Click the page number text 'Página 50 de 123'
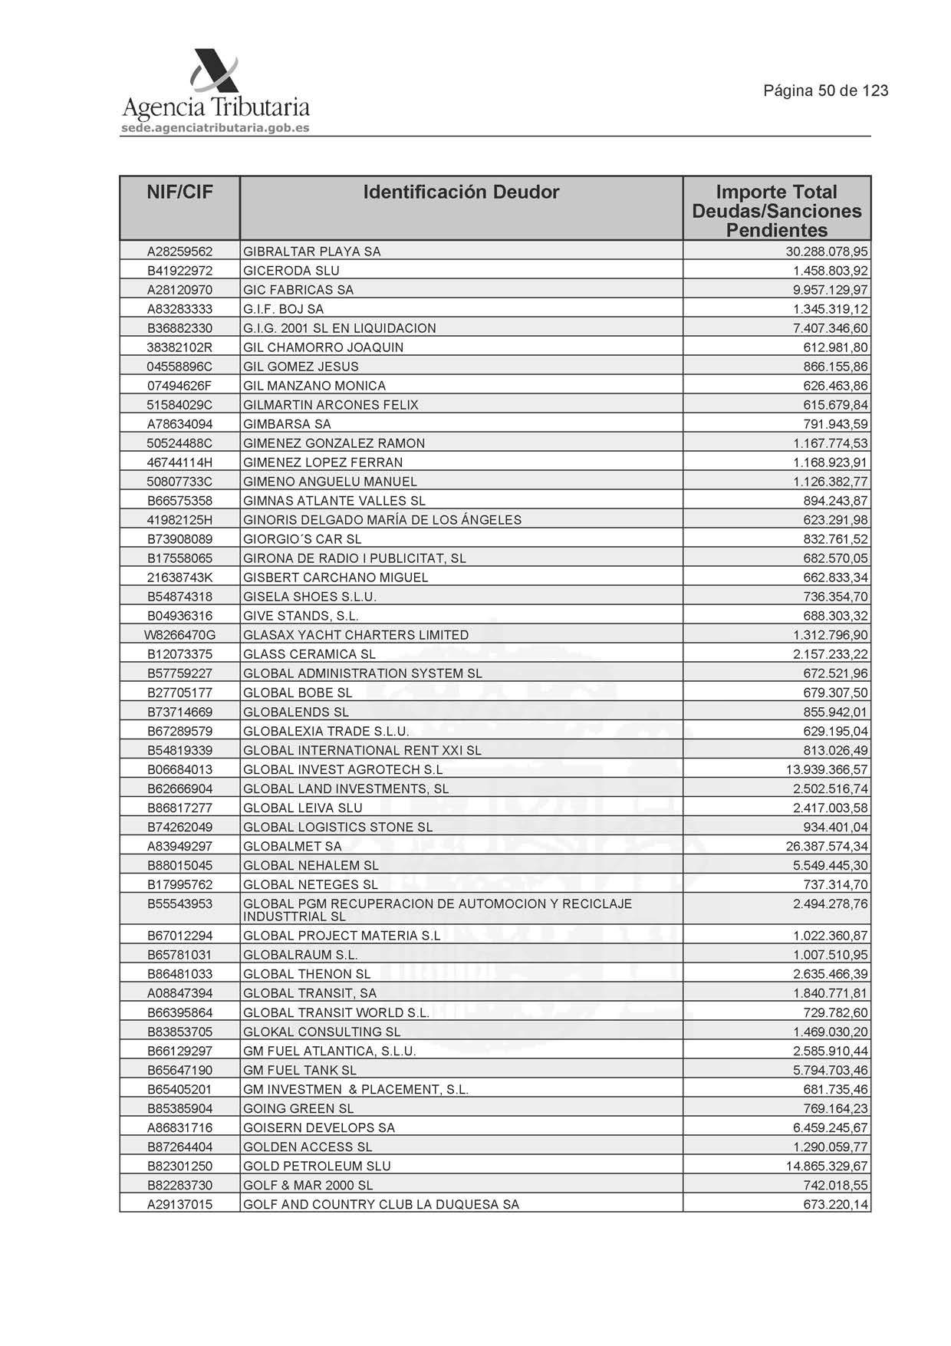825,91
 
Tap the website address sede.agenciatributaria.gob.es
215,128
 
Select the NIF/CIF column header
179,192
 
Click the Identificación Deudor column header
461,192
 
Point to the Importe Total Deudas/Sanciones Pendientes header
776,211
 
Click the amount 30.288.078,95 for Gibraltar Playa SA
827,252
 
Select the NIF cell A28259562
179,252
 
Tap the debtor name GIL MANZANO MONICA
314,386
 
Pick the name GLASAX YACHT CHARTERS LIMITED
356,635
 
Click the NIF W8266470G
179,635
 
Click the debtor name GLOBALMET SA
292,846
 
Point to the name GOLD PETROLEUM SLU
317,1166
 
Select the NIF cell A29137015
179,1204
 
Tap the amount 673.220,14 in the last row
835,1204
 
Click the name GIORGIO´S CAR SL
302,539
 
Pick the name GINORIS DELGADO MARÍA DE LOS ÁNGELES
382,520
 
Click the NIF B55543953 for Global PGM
179,904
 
